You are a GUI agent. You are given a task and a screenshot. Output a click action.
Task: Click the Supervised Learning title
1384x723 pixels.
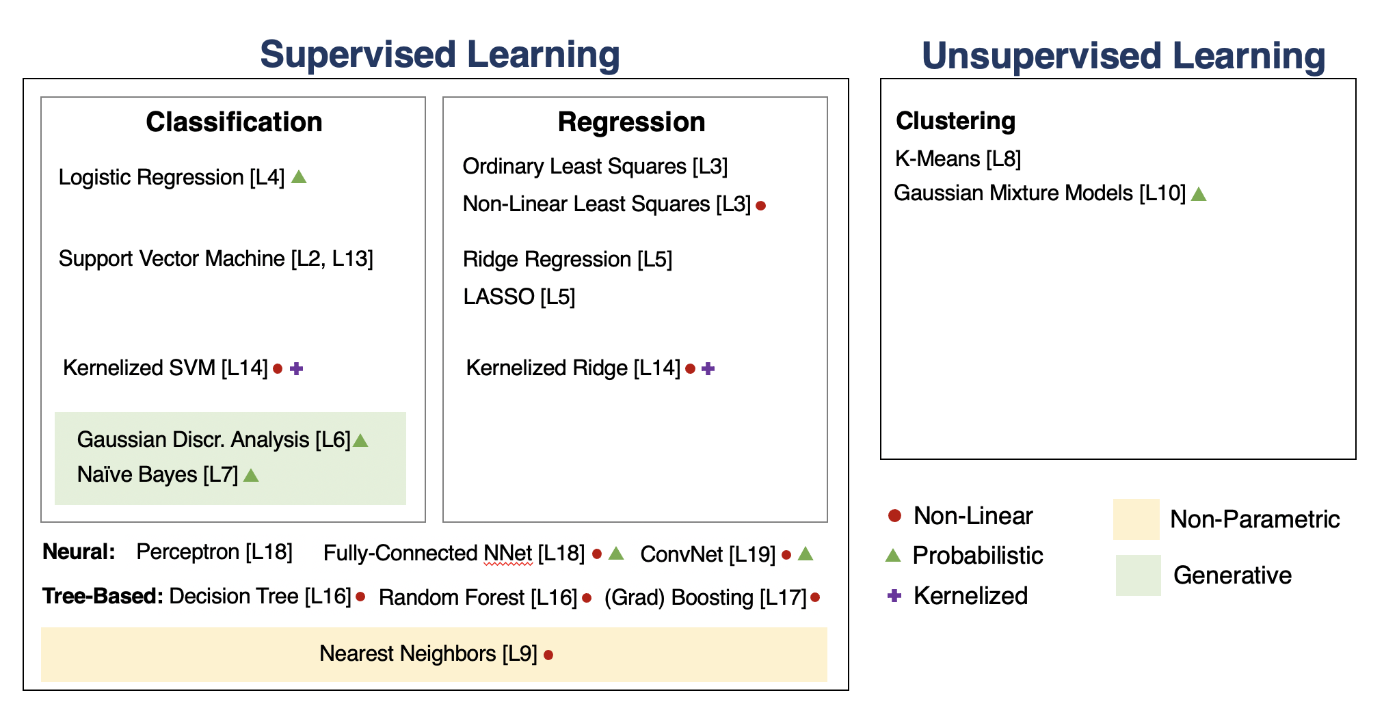pyautogui.click(x=440, y=55)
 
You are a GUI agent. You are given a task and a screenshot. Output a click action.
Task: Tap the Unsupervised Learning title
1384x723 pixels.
pyautogui.click(x=1123, y=56)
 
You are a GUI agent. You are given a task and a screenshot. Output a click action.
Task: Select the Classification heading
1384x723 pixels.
pyautogui.click(x=234, y=122)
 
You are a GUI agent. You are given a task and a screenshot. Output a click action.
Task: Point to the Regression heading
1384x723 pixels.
pyautogui.click(x=631, y=122)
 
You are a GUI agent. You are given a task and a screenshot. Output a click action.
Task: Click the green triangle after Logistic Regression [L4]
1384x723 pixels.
pyautogui.click(x=299, y=178)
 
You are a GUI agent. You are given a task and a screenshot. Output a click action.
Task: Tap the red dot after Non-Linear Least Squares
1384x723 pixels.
pyautogui.click(x=760, y=205)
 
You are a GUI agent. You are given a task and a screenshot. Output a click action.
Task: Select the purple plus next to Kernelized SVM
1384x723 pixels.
pyautogui.click(x=296, y=369)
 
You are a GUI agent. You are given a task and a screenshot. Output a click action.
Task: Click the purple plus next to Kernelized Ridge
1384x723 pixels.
pyautogui.click(x=708, y=369)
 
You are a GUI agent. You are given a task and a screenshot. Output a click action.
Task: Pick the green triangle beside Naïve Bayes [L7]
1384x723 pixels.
pyautogui.click(x=251, y=475)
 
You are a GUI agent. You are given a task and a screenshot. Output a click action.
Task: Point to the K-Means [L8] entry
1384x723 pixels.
pyautogui.click(x=958, y=159)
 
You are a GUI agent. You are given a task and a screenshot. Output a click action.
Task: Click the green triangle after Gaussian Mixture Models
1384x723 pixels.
pyautogui.click(x=1199, y=194)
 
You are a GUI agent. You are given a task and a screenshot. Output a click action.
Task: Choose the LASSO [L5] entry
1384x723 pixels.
pyautogui.click(x=519, y=297)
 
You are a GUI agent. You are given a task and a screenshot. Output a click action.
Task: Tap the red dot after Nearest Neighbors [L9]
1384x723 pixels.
pyautogui.click(x=548, y=655)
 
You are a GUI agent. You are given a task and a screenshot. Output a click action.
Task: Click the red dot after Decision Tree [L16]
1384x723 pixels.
pyautogui.click(x=360, y=597)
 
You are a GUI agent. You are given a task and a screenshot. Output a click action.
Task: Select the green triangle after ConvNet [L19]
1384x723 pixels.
pyautogui.click(x=806, y=554)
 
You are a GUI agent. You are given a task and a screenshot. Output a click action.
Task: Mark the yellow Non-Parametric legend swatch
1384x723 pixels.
pyautogui.click(x=1136, y=519)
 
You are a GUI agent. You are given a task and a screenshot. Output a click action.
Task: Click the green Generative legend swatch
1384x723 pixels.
pyautogui.click(x=1139, y=575)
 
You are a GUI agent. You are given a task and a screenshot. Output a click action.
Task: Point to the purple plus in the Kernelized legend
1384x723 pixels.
pyautogui.click(x=894, y=596)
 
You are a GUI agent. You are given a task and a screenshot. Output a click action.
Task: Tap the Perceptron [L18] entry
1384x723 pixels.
pyautogui.click(x=214, y=552)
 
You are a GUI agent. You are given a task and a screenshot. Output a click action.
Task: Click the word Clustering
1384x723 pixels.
pyautogui.click(x=955, y=121)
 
